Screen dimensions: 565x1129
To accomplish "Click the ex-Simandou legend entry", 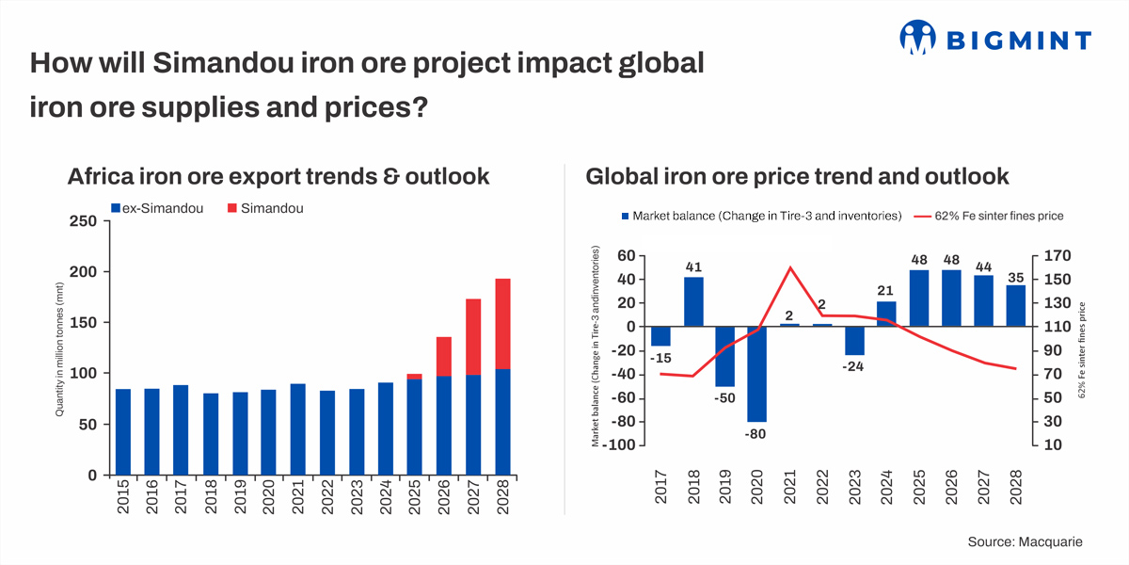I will coord(159,208).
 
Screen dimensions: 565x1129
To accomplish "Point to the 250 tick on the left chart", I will coord(85,221).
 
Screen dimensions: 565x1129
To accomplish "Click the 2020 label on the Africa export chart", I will coord(269,497).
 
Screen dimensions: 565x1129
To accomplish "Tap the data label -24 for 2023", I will coord(853,366).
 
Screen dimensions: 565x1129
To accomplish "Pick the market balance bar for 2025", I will coord(919,299).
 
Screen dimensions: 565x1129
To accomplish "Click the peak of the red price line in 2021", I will coord(790,267).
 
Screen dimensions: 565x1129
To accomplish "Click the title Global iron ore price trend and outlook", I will coord(797,176).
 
